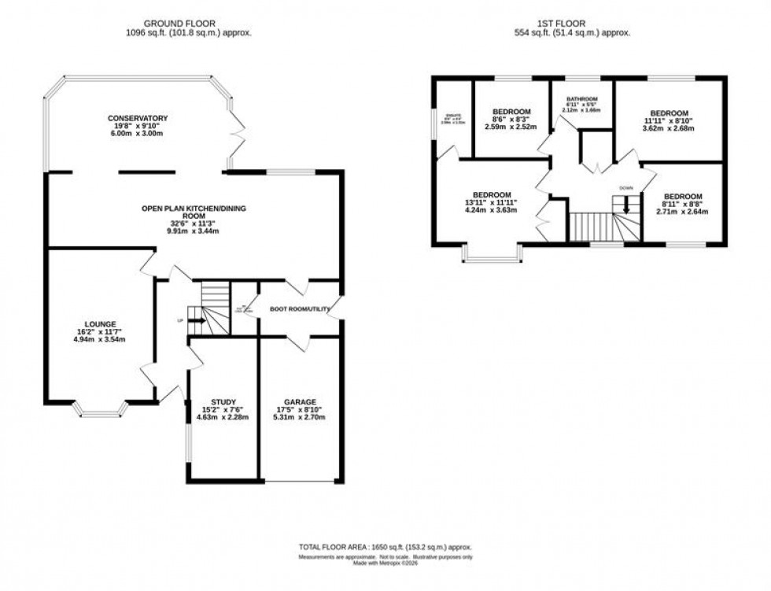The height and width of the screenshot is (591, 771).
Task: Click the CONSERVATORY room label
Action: [x=138, y=118]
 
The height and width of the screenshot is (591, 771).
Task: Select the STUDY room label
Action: [x=223, y=401]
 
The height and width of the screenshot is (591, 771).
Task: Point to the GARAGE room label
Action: [x=300, y=401]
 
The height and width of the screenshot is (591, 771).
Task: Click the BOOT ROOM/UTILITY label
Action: [x=299, y=308]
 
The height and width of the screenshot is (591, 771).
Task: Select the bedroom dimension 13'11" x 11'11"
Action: [x=492, y=203]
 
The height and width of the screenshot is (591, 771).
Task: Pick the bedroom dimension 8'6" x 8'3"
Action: [x=510, y=120]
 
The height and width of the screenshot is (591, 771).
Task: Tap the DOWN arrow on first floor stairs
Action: [x=626, y=203]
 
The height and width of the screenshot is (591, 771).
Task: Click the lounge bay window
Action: [x=99, y=408]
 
